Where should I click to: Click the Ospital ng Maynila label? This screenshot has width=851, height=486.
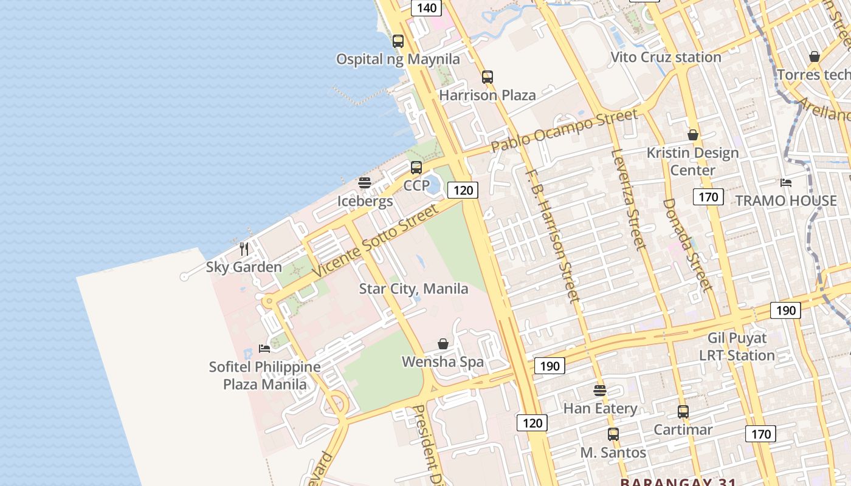(x=398, y=59)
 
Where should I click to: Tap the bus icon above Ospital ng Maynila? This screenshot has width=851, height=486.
(x=398, y=41)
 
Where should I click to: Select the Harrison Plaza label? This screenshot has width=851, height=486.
(x=488, y=95)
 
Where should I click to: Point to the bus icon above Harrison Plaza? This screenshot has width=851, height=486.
(x=488, y=77)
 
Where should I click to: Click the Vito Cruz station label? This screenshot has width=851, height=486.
(x=666, y=57)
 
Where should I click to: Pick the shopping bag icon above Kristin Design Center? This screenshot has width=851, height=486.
(x=693, y=135)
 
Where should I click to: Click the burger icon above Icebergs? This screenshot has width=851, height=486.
(x=365, y=183)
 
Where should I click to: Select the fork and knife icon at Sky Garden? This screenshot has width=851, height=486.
(x=244, y=248)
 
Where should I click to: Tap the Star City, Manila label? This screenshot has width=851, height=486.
(x=413, y=289)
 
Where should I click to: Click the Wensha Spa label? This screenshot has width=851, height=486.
(x=443, y=362)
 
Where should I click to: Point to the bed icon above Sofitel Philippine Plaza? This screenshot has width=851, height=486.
(x=264, y=349)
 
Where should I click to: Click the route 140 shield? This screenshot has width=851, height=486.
(x=427, y=8)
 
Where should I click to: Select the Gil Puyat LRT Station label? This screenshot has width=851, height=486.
(x=737, y=346)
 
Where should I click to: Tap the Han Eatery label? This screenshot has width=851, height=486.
(x=600, y=408)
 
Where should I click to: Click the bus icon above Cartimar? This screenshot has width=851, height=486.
(x=683, y=412)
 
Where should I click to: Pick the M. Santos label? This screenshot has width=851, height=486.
(x=613, y=453)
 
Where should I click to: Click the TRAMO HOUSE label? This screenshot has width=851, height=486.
(x=786, y=200)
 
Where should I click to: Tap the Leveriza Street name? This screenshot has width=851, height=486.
(x=627, y=199)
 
